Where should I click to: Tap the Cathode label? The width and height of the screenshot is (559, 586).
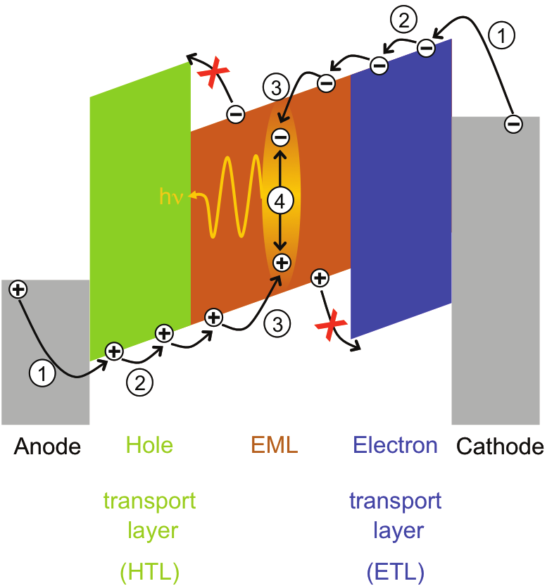(501, 446)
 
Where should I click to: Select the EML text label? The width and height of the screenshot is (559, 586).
(275, 445)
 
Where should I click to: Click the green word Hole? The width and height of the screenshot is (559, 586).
(149, 445)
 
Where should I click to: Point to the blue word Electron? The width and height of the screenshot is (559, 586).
(395, 445)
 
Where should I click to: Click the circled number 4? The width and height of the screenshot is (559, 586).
(280, 201)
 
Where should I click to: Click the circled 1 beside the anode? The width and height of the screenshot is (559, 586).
(43, 375)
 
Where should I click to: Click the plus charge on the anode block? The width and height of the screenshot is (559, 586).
(18, 289)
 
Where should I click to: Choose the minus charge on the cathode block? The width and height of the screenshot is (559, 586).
(513, 125)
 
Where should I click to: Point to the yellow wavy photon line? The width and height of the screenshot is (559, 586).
(229, 197)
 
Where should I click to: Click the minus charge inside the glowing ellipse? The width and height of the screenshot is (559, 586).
(280, 137)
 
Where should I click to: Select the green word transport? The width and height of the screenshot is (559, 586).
(149, 501)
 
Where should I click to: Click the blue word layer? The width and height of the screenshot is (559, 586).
(395, 530)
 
